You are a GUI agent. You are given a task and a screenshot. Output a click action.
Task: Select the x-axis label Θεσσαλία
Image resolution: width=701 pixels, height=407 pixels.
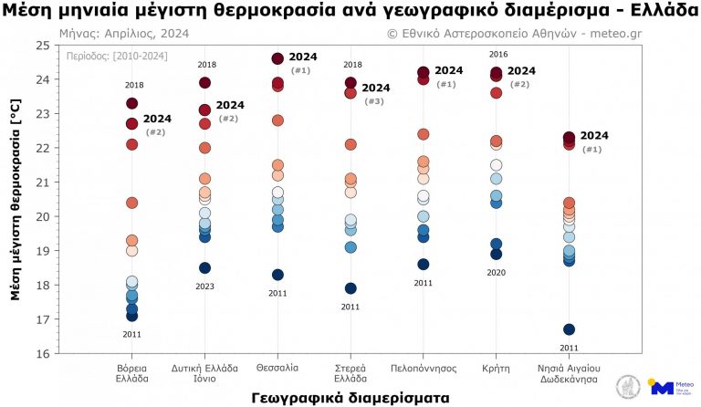click(x=277, y=368)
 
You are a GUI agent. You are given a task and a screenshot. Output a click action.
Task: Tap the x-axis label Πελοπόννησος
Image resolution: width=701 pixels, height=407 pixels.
click(x=424, y=368)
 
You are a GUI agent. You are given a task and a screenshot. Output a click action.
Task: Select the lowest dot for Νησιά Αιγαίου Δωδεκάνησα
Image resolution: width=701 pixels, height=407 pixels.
click(x=569, y=329)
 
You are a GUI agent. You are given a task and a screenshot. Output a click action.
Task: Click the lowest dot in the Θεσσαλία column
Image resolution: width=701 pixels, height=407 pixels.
click(x=277, y=275)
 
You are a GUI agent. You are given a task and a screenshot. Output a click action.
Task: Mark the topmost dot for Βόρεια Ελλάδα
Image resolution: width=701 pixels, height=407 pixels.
click(x=131, y=103)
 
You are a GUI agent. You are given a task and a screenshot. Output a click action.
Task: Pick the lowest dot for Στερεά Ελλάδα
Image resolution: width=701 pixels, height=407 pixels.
click(x=350, y=288)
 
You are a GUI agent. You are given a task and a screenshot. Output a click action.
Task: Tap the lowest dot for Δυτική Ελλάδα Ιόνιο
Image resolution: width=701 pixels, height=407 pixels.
click(x=204, y=268)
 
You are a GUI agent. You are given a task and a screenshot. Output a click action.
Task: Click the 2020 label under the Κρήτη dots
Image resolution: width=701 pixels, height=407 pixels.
click(x=496, y=273)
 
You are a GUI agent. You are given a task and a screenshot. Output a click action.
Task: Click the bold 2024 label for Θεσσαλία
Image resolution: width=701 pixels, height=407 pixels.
click(x=303, y=57)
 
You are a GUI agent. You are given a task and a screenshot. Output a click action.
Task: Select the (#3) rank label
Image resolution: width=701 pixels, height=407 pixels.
click(x=374, y=101)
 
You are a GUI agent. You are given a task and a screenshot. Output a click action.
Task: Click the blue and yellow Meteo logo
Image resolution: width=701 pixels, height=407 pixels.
click(x=668, y=386)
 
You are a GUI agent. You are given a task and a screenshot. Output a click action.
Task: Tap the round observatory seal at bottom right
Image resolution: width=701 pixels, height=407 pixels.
click(x=628, y=386)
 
